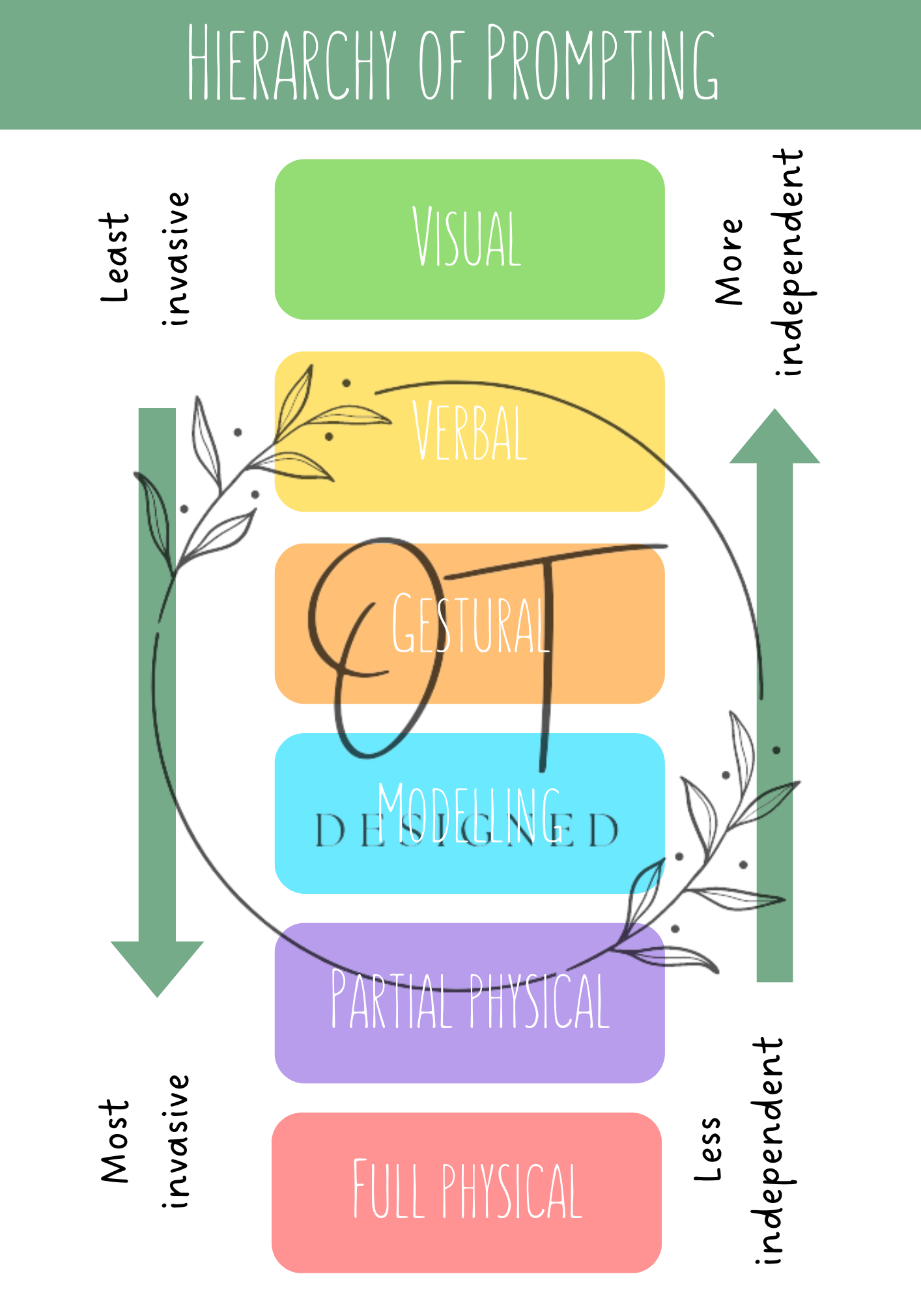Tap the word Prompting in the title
coord(602,63)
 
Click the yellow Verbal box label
coord(470,431)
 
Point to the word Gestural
coord(470,624)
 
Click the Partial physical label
coord(470,1000)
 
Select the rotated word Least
coord(116,258)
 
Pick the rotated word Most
coord(116,1141)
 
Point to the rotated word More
coord(729,262)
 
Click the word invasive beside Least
coord(176,258)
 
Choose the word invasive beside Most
coord(176,1141)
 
